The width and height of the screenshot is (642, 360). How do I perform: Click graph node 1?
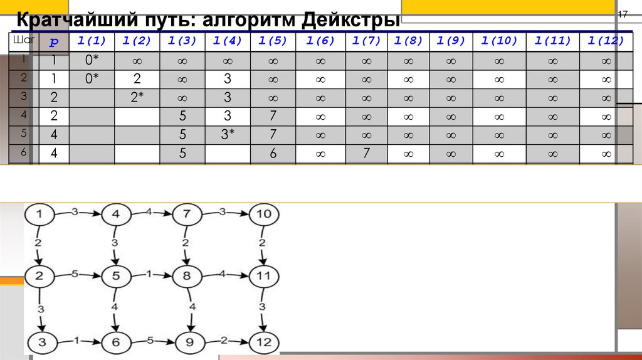[x=41, y=215]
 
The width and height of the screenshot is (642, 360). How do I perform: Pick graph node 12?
[x=263, y=342]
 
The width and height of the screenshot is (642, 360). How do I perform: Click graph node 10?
[x=263, y=215]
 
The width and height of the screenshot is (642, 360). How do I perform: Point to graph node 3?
[x=41, y=342]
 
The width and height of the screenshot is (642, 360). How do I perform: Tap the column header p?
[x=54, y=42]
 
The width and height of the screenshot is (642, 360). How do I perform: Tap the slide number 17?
[x=623, y=14]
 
